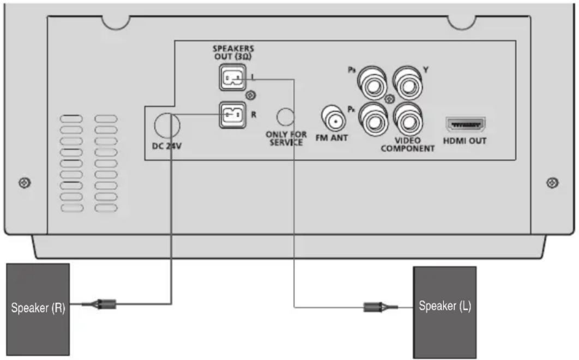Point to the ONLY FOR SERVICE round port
pos(285,116)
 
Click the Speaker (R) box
pos(38,308)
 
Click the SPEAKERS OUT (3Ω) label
pos(233,52)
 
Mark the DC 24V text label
pos(168,146)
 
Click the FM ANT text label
pos(331,138)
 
